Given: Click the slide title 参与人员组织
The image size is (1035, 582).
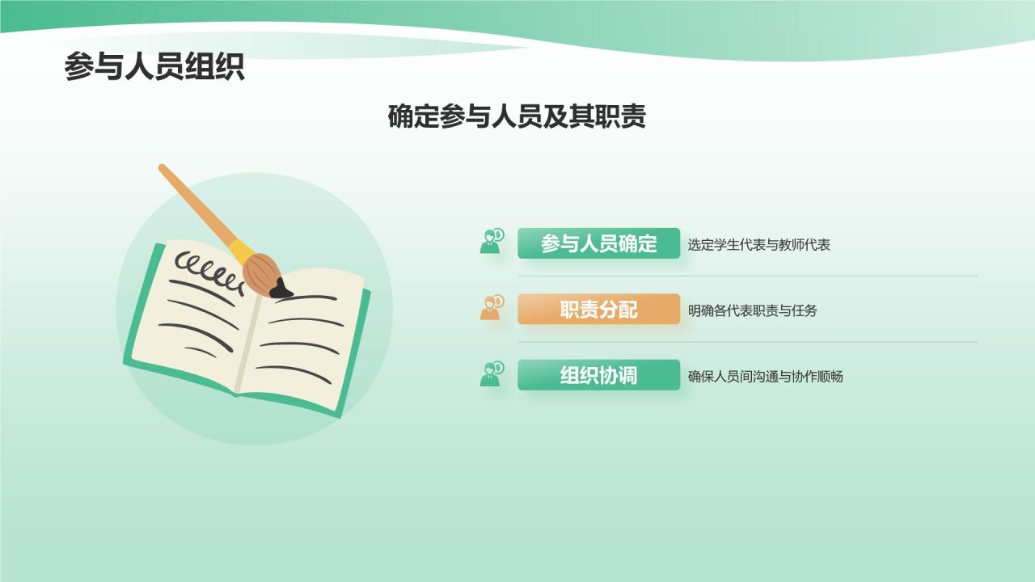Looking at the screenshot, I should pos(154,67).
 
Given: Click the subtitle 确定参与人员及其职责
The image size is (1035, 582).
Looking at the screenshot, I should pos(517,117).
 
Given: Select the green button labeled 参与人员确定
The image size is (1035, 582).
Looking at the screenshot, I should pos(598,243).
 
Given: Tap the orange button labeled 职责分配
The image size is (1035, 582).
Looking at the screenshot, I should pos(598,310).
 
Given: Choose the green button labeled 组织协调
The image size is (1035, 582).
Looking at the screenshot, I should pos(598,375).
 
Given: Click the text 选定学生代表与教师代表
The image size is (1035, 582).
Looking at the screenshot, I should pos(758,245).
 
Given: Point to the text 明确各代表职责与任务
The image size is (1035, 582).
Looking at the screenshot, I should pos(752,310).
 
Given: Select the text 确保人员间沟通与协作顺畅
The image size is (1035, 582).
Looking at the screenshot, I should pos(765,377).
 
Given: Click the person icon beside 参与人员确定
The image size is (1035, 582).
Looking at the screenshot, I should pos(492,242).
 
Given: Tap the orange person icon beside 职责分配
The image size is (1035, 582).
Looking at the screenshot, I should pos(492,308).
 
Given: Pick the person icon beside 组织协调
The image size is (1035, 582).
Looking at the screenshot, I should pos(492,374).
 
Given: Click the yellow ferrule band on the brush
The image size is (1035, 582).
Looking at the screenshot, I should pos(240,251).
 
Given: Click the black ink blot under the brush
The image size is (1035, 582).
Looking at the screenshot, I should pos(281,289).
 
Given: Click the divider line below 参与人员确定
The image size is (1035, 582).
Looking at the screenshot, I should pos(748,276).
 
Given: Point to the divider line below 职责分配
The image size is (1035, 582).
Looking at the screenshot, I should pos(748,342).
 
